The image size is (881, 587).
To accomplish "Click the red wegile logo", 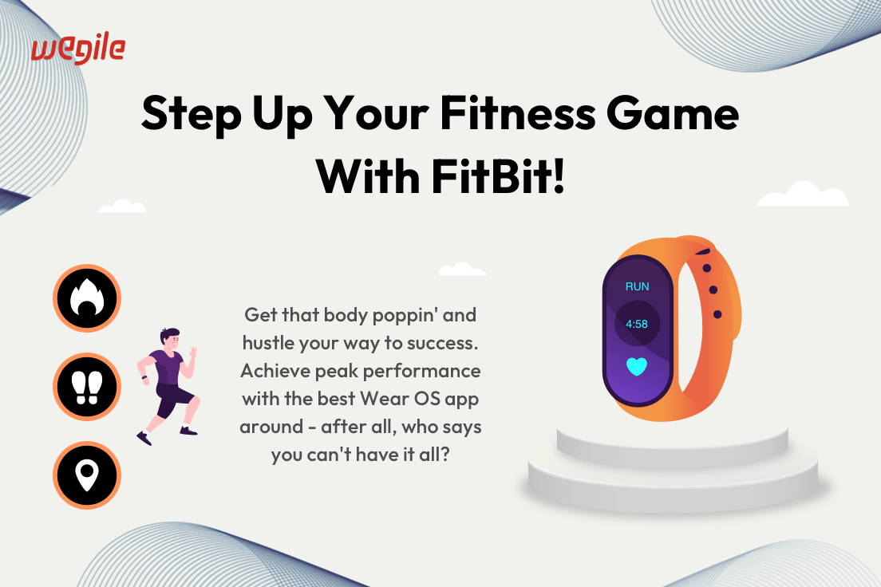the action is [78, 49].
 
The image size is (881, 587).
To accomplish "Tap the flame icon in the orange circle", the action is [87, 297].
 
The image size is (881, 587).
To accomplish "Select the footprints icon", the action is [87, 387].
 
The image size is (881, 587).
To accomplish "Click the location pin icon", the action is [87, 475].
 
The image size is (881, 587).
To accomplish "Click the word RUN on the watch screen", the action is [637, 286].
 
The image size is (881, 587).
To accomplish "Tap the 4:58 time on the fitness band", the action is [637, 324].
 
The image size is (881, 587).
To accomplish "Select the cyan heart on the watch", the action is [637, 367].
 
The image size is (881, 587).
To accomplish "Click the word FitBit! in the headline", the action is [497, 176].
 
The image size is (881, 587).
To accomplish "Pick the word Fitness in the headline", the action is [517, 113].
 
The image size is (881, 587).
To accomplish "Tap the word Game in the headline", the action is [673, 113].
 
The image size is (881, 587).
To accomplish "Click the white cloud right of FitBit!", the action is [802, 194].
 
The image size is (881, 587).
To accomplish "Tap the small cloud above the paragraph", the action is [462, 269].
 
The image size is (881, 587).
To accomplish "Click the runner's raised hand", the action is [193, 352].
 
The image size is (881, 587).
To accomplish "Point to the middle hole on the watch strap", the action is [713, 290].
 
